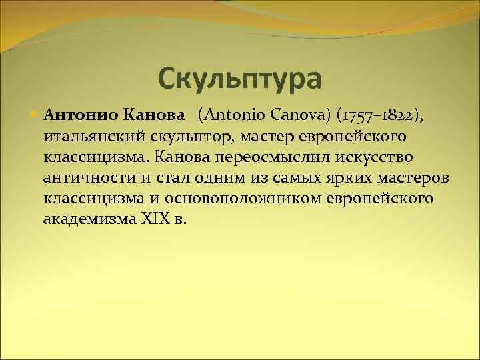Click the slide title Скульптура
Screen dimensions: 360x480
click(x=240, y=78)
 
